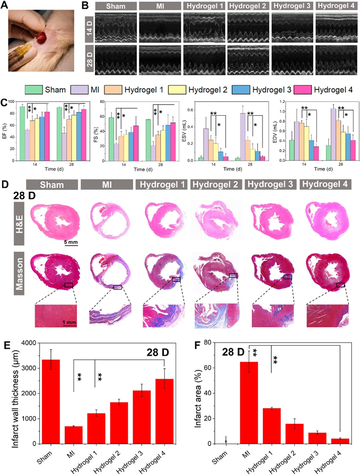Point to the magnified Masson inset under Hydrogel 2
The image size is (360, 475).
216,315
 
